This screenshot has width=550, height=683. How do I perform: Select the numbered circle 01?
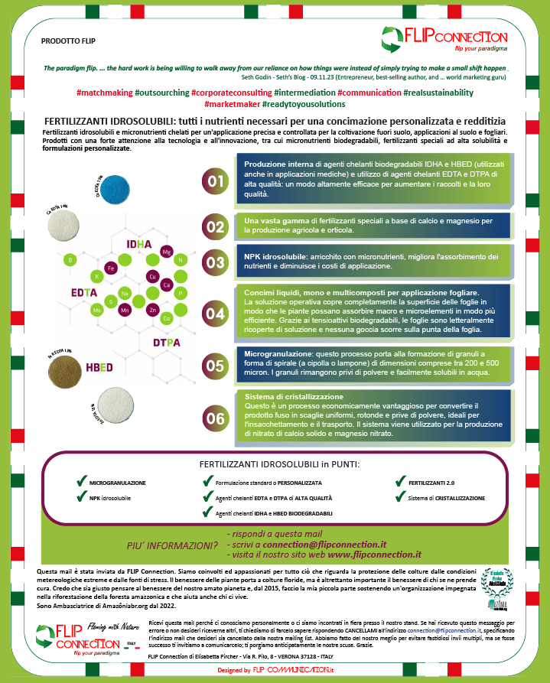tap(216, 181)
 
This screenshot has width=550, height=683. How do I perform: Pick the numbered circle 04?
tap(216, 314)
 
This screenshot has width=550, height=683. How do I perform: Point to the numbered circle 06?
tap(216, 418)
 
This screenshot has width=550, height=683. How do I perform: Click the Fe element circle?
tap(111, 268)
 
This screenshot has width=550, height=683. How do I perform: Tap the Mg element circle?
tap(167, 251)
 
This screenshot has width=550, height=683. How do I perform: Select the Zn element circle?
tap(155, 311)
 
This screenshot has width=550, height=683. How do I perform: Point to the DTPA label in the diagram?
tap(167, 342)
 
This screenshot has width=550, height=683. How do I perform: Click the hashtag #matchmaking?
tap(104, 93)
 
